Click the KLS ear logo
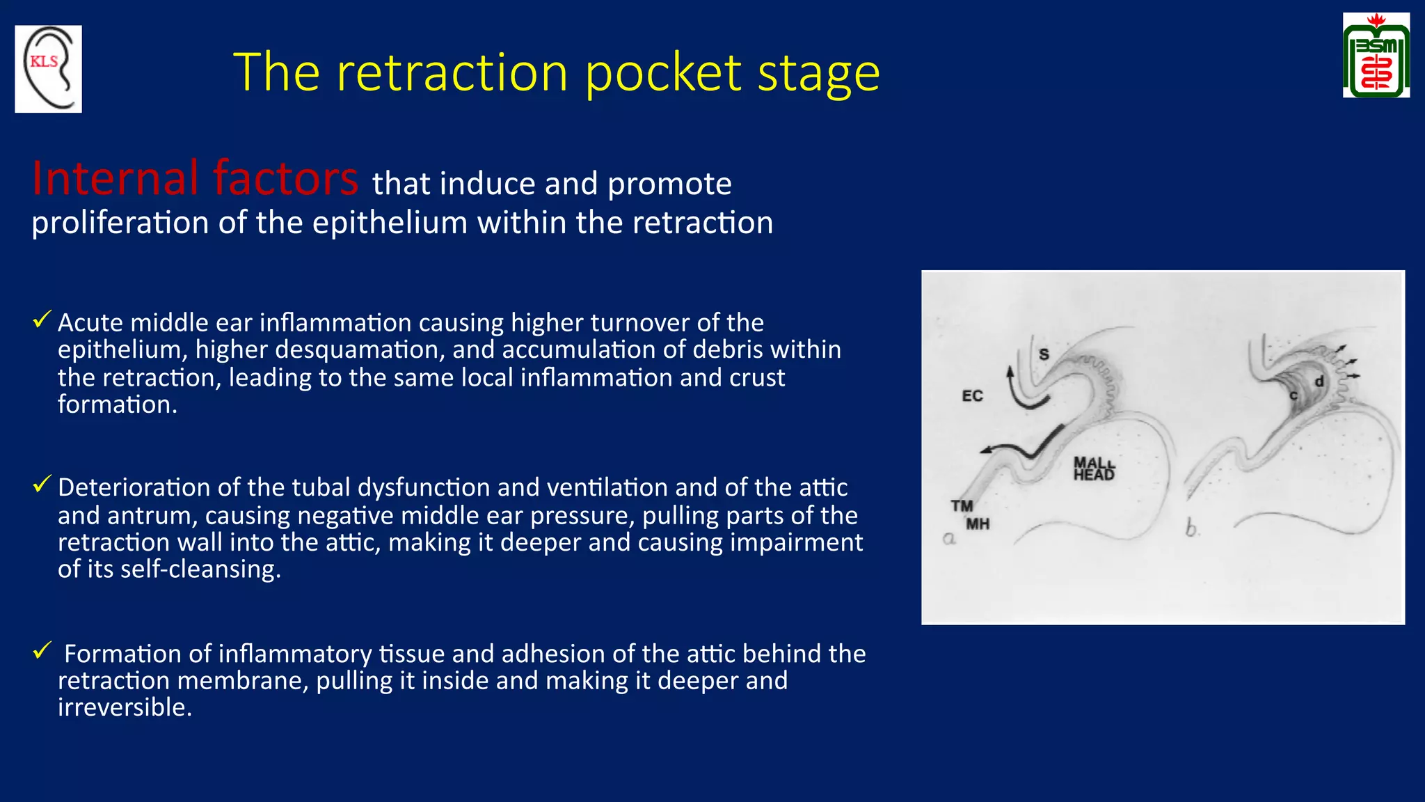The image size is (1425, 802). point(48,69)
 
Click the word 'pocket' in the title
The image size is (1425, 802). point(663,72)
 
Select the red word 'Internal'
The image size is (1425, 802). point(116,178)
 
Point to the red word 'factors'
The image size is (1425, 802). point(285,178)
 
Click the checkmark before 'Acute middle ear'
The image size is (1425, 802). point(42,320)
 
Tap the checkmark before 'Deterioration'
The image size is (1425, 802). point(42,484)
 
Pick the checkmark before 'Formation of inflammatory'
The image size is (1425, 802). point(42,651)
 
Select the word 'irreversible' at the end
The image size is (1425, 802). point(124,707)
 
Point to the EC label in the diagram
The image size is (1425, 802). point(972,396)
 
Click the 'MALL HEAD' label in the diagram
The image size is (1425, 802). point(1094,469)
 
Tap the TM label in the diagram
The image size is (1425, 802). point(962,506)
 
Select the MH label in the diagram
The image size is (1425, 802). point(978,524)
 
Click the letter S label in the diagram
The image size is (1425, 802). point(1044,354)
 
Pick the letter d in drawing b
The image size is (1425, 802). point(1319,382)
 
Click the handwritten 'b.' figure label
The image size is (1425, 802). point(1193,529)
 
